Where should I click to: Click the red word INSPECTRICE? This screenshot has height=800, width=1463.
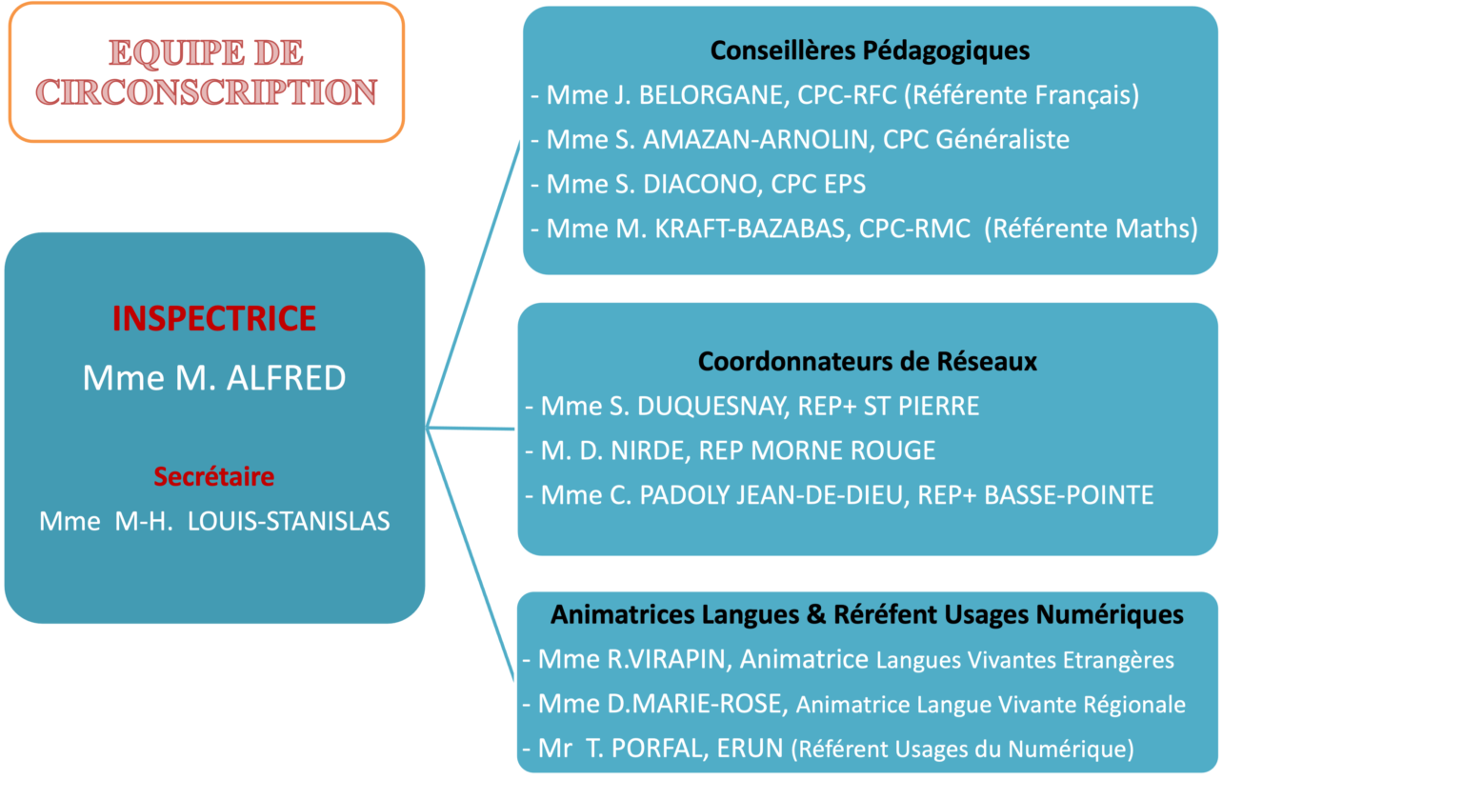pyautogui.click(x=213, y=318)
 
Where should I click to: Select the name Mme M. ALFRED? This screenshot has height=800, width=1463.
pyautogui.click(x=213, y=378)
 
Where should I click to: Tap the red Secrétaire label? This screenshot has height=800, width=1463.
pyautogui.click(x=213, y=476)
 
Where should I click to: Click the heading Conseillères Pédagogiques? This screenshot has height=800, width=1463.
pyautogui.click(x=870, y=50)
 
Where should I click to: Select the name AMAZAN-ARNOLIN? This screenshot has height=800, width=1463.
pyautogui.click(x=757, y=140)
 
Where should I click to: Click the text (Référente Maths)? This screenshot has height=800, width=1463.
pyautogui.click(x=1091, y=229)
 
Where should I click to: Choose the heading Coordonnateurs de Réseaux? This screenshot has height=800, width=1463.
pyautogui.click(x=867, y=362)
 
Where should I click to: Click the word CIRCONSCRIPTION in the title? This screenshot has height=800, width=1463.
pyautogui.click(x=207, y=92)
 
